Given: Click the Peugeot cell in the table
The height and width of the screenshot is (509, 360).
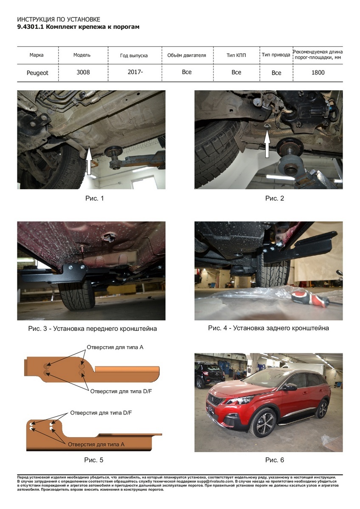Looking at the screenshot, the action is (37, 73).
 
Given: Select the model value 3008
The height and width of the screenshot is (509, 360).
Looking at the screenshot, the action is (83, 72).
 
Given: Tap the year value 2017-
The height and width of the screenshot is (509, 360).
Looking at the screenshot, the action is (135, 72).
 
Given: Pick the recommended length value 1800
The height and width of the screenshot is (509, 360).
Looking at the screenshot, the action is (318, 73).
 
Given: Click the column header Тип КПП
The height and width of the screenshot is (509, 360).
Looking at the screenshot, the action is (236, 55).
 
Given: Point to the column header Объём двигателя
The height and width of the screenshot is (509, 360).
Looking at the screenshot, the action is (186, 55).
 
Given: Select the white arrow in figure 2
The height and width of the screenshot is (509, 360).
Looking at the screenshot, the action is (267, 145).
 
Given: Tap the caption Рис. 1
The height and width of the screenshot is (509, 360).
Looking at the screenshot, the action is (94, 199).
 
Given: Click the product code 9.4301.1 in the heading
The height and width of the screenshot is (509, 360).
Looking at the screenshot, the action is (31, 27).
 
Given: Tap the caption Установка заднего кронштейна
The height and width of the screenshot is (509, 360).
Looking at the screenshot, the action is (281, 328).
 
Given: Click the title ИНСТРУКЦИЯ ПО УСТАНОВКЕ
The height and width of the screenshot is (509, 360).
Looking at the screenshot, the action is (59, 20).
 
